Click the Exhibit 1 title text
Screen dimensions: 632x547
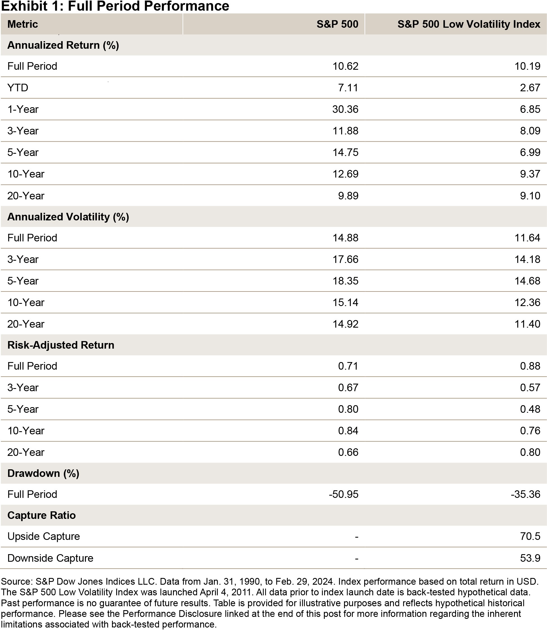[115, 6]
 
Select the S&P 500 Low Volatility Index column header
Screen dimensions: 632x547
[469, 24]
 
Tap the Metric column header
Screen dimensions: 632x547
[23, 24]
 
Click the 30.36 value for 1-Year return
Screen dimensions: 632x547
[345, 109]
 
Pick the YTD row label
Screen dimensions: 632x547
[18, 88]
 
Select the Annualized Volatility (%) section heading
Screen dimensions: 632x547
[68, 217]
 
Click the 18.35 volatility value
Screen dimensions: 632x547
[345, 281]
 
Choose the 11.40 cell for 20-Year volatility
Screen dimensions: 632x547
[527, 324]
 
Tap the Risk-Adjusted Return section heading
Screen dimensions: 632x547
[61, 345]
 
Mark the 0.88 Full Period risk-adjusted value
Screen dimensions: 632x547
[530, 366]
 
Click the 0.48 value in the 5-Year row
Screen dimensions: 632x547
[530, 409]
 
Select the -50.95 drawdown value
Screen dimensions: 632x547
[343, 494]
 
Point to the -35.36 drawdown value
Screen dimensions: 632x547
[525, 494]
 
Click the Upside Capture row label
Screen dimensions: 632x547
[44, 537]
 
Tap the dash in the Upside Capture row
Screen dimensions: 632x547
[356, 537]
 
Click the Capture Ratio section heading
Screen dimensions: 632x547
[41, 515]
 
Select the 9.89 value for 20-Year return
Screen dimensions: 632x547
[348, 196]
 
